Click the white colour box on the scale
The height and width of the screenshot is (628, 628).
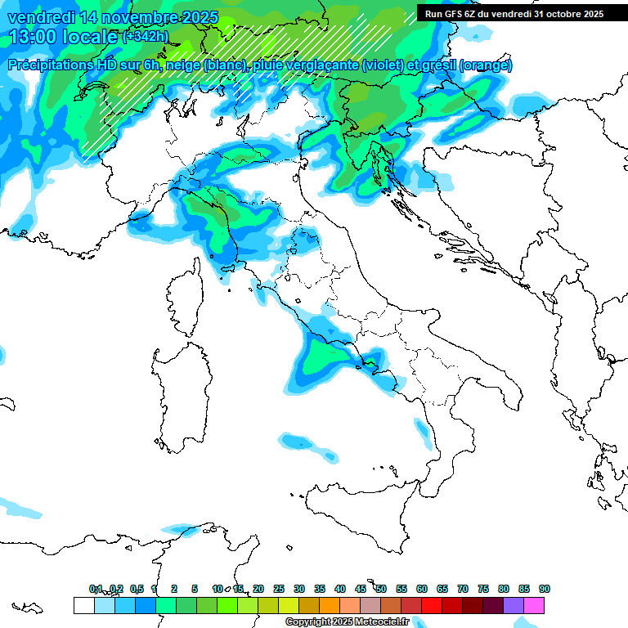tap(83, 605)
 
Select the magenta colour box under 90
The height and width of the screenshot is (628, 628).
tap(534, 605)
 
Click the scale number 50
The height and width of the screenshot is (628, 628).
tap(380, 589)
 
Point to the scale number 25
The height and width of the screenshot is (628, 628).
tap(278, 589)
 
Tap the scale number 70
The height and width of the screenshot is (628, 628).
tap(463, 589)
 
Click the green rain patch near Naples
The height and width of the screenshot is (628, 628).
tap(327, 360)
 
